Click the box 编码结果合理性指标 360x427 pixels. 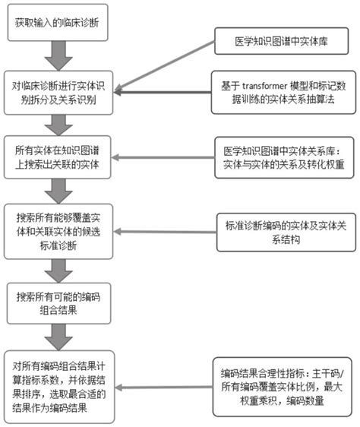[279, 387]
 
